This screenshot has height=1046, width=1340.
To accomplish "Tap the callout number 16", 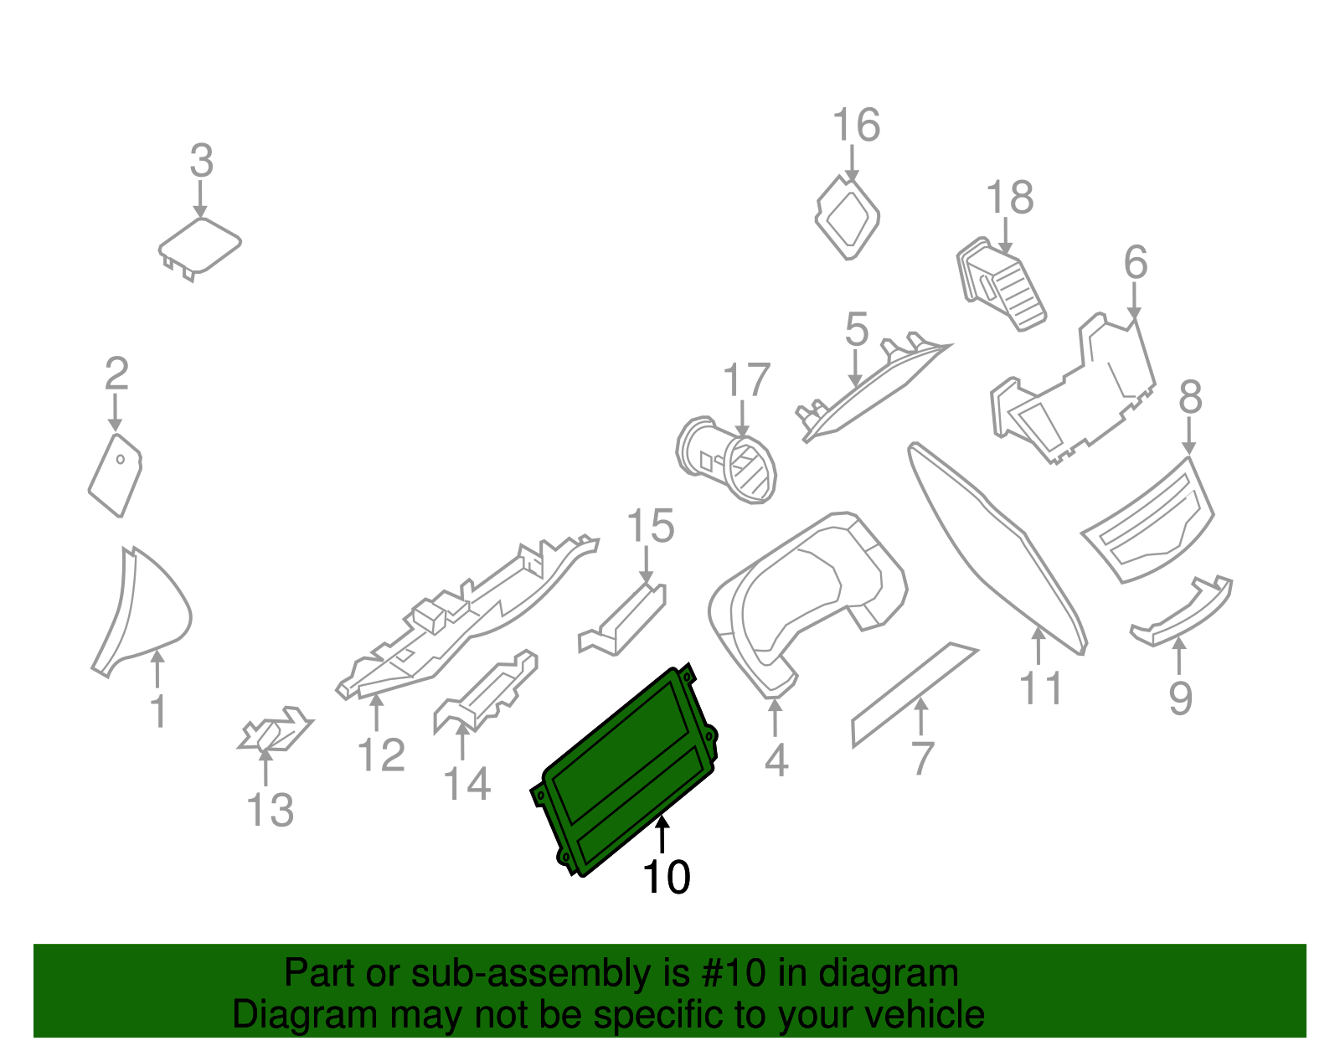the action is click(856, 126).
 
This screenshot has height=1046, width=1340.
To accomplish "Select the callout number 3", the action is click(201, 161).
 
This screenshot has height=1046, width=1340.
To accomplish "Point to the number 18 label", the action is click(1009, 198).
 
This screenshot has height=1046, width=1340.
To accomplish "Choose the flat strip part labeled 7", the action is click(913, 694).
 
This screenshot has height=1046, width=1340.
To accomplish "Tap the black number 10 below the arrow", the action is click(666, 878).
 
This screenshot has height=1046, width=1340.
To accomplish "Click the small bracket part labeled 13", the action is click(275, 729).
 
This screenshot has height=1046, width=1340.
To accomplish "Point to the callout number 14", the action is click(466, 785).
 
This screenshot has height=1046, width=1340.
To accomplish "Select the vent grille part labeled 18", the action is click(1001, 285).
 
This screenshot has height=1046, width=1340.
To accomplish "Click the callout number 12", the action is click(381, 755).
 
